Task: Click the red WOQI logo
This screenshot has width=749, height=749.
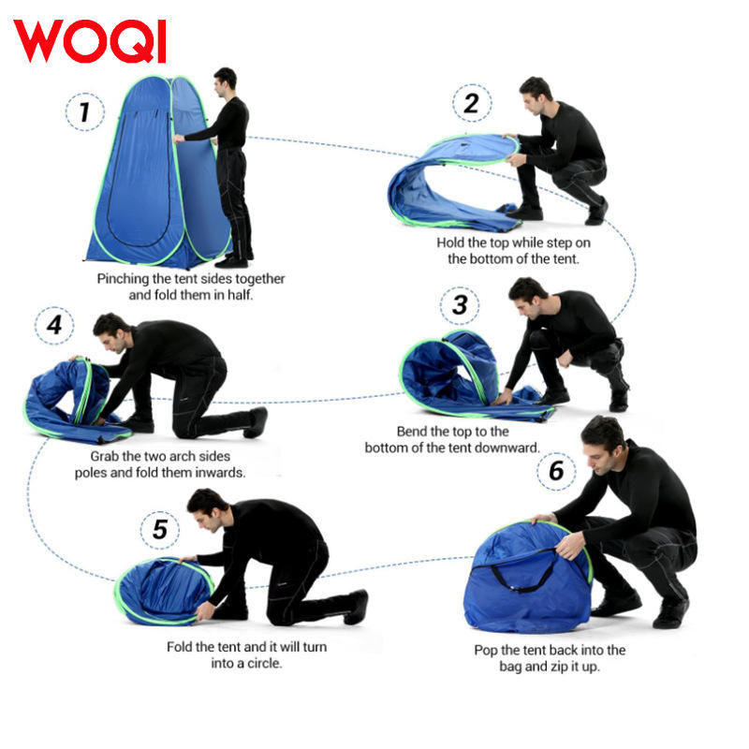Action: pos(90,41)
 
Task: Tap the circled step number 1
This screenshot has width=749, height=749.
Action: pos(85,111)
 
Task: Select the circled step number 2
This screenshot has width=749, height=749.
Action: pos(472,103)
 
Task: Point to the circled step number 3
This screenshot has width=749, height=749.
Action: pos(460,306)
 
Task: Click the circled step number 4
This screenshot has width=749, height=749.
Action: pos(54,326)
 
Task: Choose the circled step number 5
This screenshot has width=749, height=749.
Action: pos(160,530)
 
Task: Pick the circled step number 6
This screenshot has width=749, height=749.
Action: pos(556,471)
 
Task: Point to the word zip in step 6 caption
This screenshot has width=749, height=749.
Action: pos(559,667)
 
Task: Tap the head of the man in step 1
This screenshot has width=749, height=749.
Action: pos(225,82)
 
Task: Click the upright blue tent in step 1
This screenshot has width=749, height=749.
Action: pos(157,172)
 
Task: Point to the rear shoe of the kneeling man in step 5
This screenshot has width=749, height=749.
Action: pos(356,607)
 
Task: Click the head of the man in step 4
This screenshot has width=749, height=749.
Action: pos(111,332)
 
